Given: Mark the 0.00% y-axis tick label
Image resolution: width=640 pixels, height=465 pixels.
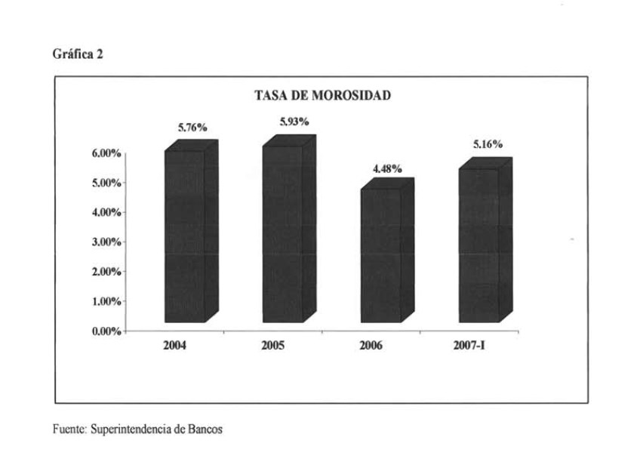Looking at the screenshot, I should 106,331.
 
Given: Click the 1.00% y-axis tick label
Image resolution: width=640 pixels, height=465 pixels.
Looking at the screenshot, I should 106,302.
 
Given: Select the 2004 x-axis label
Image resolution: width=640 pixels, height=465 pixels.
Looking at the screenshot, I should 174,346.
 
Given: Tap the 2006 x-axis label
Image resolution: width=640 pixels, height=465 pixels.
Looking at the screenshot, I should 371,346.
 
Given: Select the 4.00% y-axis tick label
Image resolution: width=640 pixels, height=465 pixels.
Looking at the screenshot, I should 106,213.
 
